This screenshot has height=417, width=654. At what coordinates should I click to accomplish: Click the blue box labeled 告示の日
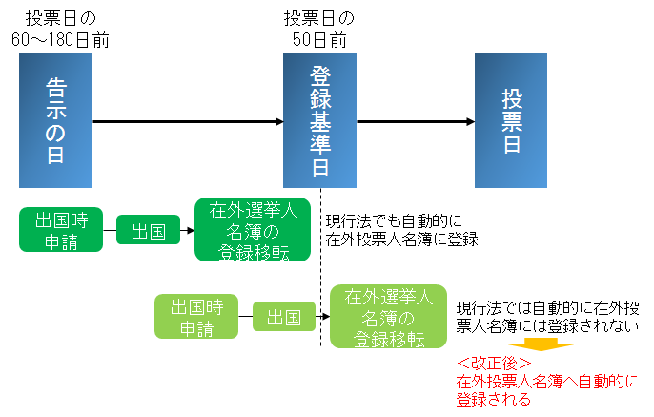tap(55, 120)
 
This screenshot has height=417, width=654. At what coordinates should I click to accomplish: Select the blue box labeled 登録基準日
tap(320, 120)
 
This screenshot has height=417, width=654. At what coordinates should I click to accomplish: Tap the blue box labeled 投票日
tap(511, 120)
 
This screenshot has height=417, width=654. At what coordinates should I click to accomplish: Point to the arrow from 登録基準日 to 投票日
tap(416, 121)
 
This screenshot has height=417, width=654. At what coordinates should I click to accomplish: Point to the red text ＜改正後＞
tap(494, 365)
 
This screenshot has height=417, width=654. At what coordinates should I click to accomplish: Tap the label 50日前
tap(319, 41)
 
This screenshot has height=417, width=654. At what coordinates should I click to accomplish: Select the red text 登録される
tap(494, 401)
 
